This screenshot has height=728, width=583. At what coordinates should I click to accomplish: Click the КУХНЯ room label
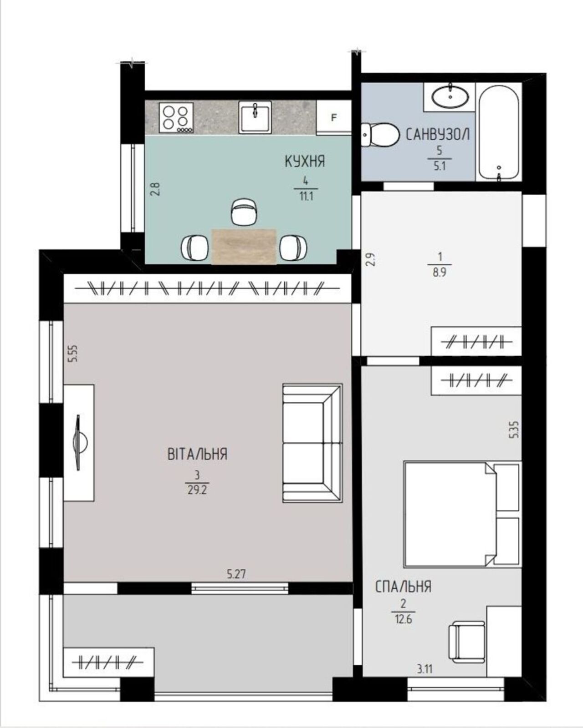pyautogui.click(x=305, y=161)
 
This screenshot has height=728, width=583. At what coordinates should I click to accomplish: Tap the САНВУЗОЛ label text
pyautogui.click(x=438, y=134)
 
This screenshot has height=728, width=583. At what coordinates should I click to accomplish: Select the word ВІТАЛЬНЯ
pyautogui.click(x=197, y=454)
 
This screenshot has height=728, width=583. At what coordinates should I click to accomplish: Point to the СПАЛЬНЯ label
pyautogui.click(x=403, y=586)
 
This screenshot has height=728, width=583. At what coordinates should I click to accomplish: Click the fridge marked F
pyautogui.click(x=334, y=118)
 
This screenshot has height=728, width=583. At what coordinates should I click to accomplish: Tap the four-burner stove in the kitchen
pyautogui.click(x=176, y=118)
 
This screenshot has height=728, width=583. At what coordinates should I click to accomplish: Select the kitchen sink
pyautogui.click(x=255, y=117)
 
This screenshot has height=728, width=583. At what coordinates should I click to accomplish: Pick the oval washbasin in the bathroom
pyautogui.click(x=450, y=96)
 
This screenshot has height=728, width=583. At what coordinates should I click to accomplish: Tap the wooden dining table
pyautogui.click(x=244, y=246)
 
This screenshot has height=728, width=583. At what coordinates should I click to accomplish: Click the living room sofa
pyautogui.click(x=312, y=443)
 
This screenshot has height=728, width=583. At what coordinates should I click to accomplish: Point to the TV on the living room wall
pyautogui.click(x=79, y=442)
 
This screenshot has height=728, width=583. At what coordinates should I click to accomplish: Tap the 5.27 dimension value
pyautogui.click(x=236, y=574)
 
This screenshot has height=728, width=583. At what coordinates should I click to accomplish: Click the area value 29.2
pyautogui.click(x=197, y=490)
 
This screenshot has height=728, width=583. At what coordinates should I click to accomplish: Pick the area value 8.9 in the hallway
pyautogui.click(x=439, y=273)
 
